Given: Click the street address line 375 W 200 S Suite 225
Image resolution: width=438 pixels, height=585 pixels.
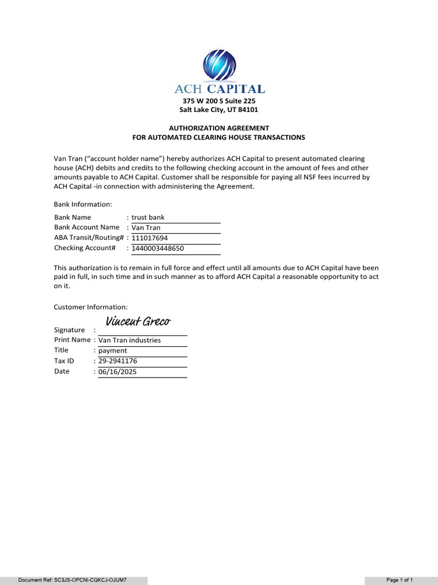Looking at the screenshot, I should coord(219,101).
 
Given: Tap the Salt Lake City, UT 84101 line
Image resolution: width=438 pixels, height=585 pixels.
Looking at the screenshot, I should coord(219,110).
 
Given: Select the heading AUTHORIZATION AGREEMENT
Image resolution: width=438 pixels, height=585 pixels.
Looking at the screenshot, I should coord(219,128).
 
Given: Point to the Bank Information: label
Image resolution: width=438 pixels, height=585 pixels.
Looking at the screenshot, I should coord(83,205).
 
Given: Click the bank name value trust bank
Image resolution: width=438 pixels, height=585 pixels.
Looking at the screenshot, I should coord(148,218).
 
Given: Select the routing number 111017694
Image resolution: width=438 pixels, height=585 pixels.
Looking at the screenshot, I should coord(150,238).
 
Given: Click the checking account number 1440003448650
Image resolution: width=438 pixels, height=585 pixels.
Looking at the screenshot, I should coord(158,249).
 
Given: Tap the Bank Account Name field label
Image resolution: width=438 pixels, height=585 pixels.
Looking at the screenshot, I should coord(87,227).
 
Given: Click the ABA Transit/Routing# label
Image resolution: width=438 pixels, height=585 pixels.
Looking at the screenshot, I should coord(88,238).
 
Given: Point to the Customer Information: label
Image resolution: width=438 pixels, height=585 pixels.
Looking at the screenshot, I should coord(91,307).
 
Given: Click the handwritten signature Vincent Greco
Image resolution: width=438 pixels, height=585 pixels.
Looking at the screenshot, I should coord(137,322).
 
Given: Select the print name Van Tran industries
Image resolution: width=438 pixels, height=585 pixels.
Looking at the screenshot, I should coord(129,340).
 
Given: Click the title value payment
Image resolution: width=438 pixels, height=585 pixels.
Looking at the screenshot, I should coord(113,351).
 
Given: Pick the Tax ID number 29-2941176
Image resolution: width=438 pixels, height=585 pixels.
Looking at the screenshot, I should coord(117,361).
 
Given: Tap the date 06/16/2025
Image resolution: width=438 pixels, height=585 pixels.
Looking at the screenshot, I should coord(117,372).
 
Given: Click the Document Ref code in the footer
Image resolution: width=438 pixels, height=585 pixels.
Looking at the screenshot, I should coord(72,580).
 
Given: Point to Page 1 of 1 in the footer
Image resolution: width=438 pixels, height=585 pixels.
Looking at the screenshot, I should coord(400,580).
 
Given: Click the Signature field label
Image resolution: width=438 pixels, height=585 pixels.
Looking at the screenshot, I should coord(70,330).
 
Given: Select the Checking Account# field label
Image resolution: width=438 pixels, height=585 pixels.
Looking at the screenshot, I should coord(85,248).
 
